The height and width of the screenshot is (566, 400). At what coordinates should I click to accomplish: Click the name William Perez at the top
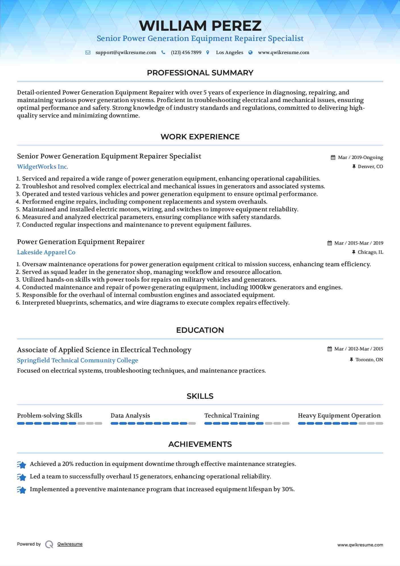click(x=200, y=26)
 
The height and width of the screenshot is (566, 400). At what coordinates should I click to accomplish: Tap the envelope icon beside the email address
click(x=88, y=53)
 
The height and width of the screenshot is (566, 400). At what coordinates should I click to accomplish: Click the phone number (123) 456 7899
click(x=186, y=53)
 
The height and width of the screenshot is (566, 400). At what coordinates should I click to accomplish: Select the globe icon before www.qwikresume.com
click(x=250, y=53)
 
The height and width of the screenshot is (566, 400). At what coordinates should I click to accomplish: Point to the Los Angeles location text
click(x=229, y=53)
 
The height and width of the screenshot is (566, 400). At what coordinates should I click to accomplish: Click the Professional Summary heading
click(x=200, y=73)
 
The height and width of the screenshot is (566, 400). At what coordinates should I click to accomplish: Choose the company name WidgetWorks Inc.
click(x=43, y=167)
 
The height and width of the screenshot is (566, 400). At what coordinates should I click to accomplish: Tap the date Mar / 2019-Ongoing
click(x=360, y=158)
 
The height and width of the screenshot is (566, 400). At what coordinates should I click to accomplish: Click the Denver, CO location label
click(x=370, y=167)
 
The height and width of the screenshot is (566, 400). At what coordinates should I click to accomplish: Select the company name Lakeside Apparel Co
click(x=46, y=252)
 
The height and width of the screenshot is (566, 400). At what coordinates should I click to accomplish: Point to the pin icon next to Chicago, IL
click(x=354, y=252)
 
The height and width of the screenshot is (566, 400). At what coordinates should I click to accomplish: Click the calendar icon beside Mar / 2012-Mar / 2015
click(x=329, y=349)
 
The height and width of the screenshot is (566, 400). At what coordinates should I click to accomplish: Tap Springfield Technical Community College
click(x=77, y=360)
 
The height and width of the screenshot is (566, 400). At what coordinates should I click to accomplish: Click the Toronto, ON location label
click(x=369, y=360)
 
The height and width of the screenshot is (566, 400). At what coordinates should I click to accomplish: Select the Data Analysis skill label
click(x=130, y=416)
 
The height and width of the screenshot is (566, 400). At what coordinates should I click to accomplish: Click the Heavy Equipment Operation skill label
click(x=339, y=416)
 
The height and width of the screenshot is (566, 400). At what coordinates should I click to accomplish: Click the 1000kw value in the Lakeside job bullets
click(x=260, y=287)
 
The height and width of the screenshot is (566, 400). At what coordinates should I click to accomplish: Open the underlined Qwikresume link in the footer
click(x=70, y=544)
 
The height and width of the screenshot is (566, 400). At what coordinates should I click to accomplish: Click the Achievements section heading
click(x=200, y=444)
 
